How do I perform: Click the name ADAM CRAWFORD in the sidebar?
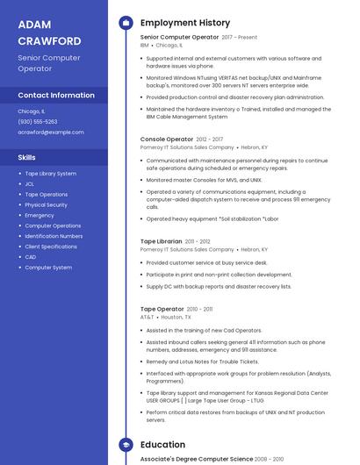pyautogui.click(x=49, y=32)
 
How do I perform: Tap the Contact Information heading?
pyautogui.click(x=56, y=95)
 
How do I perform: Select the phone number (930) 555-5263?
pyautogui.click(x=38, y=122)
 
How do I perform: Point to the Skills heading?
pyautogui.click(x=27, y=157)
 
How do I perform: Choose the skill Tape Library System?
pyautogui.click(x=51, y=174)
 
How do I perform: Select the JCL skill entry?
pyautogui.click(x=30, y=184)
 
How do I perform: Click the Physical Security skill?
pyautogui.click(x=47, y=205)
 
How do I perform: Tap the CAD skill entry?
pyautogui.click(x=31, y=257)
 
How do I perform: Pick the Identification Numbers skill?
pyautogui.click(x=54, y=236)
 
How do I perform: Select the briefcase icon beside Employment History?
pyautogui.click(x=126, y=22)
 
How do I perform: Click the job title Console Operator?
pyautogui.click(x=167, y=139)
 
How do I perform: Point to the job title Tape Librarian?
pyautogui.click(x=162, y=240)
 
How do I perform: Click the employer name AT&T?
pyautogui.click(x=148, y=318)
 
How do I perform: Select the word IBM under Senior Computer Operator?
pyautogui.click(x=145, y=45)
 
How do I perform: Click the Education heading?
pyautogui.click(x=163, y=445)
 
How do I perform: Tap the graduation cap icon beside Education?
pyautogui.click(x=126, y=445)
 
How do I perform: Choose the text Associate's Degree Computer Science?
pyautogui.click(x=196, y=459)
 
